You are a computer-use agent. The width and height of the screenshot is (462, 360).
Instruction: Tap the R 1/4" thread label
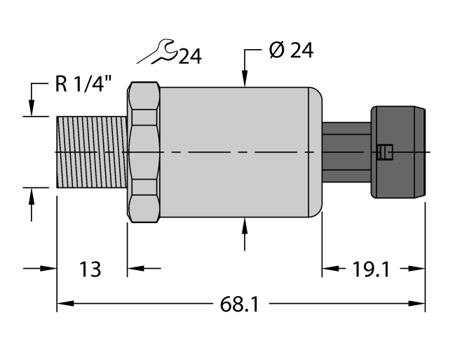(82, 86)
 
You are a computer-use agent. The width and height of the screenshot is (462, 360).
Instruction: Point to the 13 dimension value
(90, 268)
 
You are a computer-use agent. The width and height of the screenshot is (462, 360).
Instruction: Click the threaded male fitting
(91, 152)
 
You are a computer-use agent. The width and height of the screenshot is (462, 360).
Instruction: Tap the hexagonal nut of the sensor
(144, 152)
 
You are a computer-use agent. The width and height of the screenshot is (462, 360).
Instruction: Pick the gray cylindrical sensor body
(238, 152)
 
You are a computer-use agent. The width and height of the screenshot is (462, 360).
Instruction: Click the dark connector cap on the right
(398, 152)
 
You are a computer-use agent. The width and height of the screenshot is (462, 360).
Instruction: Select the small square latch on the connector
(383, 152)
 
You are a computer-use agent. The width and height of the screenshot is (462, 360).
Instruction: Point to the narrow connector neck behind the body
(346, 152)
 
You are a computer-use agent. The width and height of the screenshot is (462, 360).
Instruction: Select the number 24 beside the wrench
(189, 56)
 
